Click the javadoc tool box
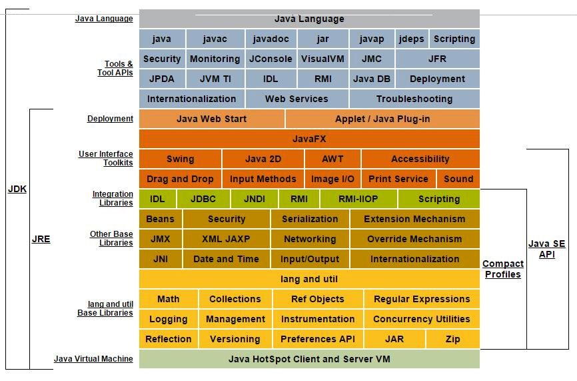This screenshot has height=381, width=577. pyautogui.click(x=271, y=39)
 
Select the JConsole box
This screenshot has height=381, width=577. pyautogui.click(x=271, y=59)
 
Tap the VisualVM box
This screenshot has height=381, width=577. pyautogui.click(x=322, y=59)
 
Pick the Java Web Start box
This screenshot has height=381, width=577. pyautogui.click(x=211, y=119)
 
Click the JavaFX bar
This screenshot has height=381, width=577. pyautogui.click(x=309, y=139)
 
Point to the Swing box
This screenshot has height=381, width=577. pyautogui.click(x=180, y=159)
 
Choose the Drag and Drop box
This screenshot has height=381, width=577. pyautogui.click(x=180, y=179)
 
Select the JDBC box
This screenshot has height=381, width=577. pyautogui.click(x=203, y=199)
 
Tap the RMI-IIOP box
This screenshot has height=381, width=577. pyautogui.click(x=358, y=199)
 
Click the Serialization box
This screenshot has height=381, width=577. pyautogui.click(x=310, y=219)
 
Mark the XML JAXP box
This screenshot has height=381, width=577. pyautogui.click(x=226, y=239)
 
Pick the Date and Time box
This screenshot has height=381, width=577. pyautogui.click(x=226, y=259)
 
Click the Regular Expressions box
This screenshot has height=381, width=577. pyautogui.click(x=422, y=299)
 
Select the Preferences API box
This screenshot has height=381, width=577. pyautogui.click(x=318, y=339)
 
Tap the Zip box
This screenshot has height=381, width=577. pyautogui.click(x=453, y=339)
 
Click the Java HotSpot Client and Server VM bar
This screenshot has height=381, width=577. pyautogui.click(x=309, y=359)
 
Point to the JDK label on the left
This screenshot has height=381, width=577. pyautogui.click(x=17, y=189)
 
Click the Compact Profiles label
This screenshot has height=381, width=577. pyautogui.click(x=502, y=269)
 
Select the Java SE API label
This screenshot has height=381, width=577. pyautogui.click(x=547, y=249)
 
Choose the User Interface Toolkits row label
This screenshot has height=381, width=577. pyautogui.click(x=106, y=159)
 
